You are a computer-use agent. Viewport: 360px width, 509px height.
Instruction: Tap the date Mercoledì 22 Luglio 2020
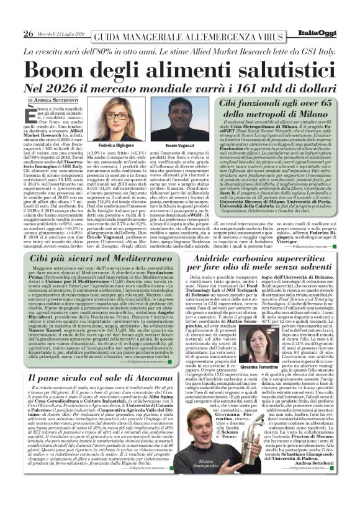pyautogui.click(x=61, y=34)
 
